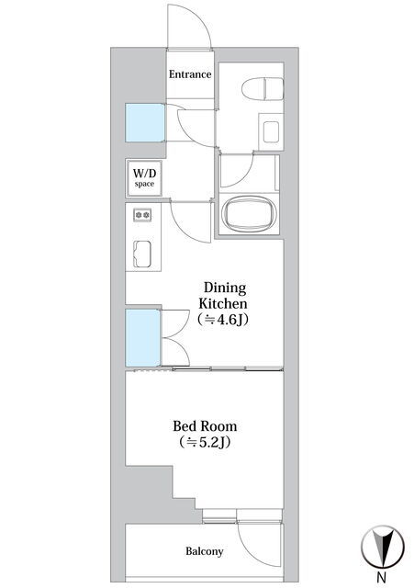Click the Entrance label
[x=190, y=74]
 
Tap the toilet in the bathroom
[x=263, y=89]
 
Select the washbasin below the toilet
[x=271, y=131]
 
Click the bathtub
[x=248, y=215]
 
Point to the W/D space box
[x=144, y=177]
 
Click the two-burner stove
[x=143, y=215]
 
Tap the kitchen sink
[x=142, y=254]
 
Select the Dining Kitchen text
[x=224, y=295]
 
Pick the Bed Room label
[x=205, y=426]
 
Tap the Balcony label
[x=205, y=551]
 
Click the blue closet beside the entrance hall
[x=145, y=122]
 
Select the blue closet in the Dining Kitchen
[x=143, y=337]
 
